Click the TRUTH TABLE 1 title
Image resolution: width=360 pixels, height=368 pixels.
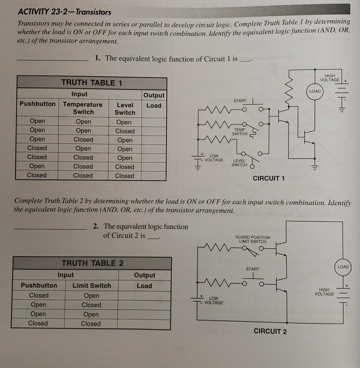[x=92, y=83]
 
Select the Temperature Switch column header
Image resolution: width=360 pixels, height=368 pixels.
[x=83, y=108]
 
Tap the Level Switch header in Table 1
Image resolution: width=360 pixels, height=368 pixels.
[x=125, y=108]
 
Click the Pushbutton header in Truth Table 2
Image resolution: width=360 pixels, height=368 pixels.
[x=39, y=285]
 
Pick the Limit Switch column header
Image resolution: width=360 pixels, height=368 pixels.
[x=92, y=286]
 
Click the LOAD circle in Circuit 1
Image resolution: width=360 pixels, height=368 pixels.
[x=315, y=91]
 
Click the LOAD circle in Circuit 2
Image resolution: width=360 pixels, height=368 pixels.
[x=343, y=267]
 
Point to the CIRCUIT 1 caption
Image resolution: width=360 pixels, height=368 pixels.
[x=269, y=178]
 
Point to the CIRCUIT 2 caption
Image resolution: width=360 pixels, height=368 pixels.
[x=270, y=331]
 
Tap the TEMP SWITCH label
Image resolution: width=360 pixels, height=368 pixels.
[x=240, y=132]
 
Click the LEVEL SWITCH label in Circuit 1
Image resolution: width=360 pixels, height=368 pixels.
[x=239, y=163]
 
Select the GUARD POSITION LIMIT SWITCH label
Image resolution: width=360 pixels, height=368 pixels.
[x=253, y=239]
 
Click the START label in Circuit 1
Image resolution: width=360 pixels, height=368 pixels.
[x=240, y=101]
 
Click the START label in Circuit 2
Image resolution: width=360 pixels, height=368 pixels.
[x=252, y=269]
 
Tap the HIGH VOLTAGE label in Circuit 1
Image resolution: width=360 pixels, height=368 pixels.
[x=330, y=78]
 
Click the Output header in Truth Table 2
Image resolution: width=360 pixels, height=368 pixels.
[x=144, y=275]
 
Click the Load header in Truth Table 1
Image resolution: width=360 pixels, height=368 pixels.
[x=154, y=105]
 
